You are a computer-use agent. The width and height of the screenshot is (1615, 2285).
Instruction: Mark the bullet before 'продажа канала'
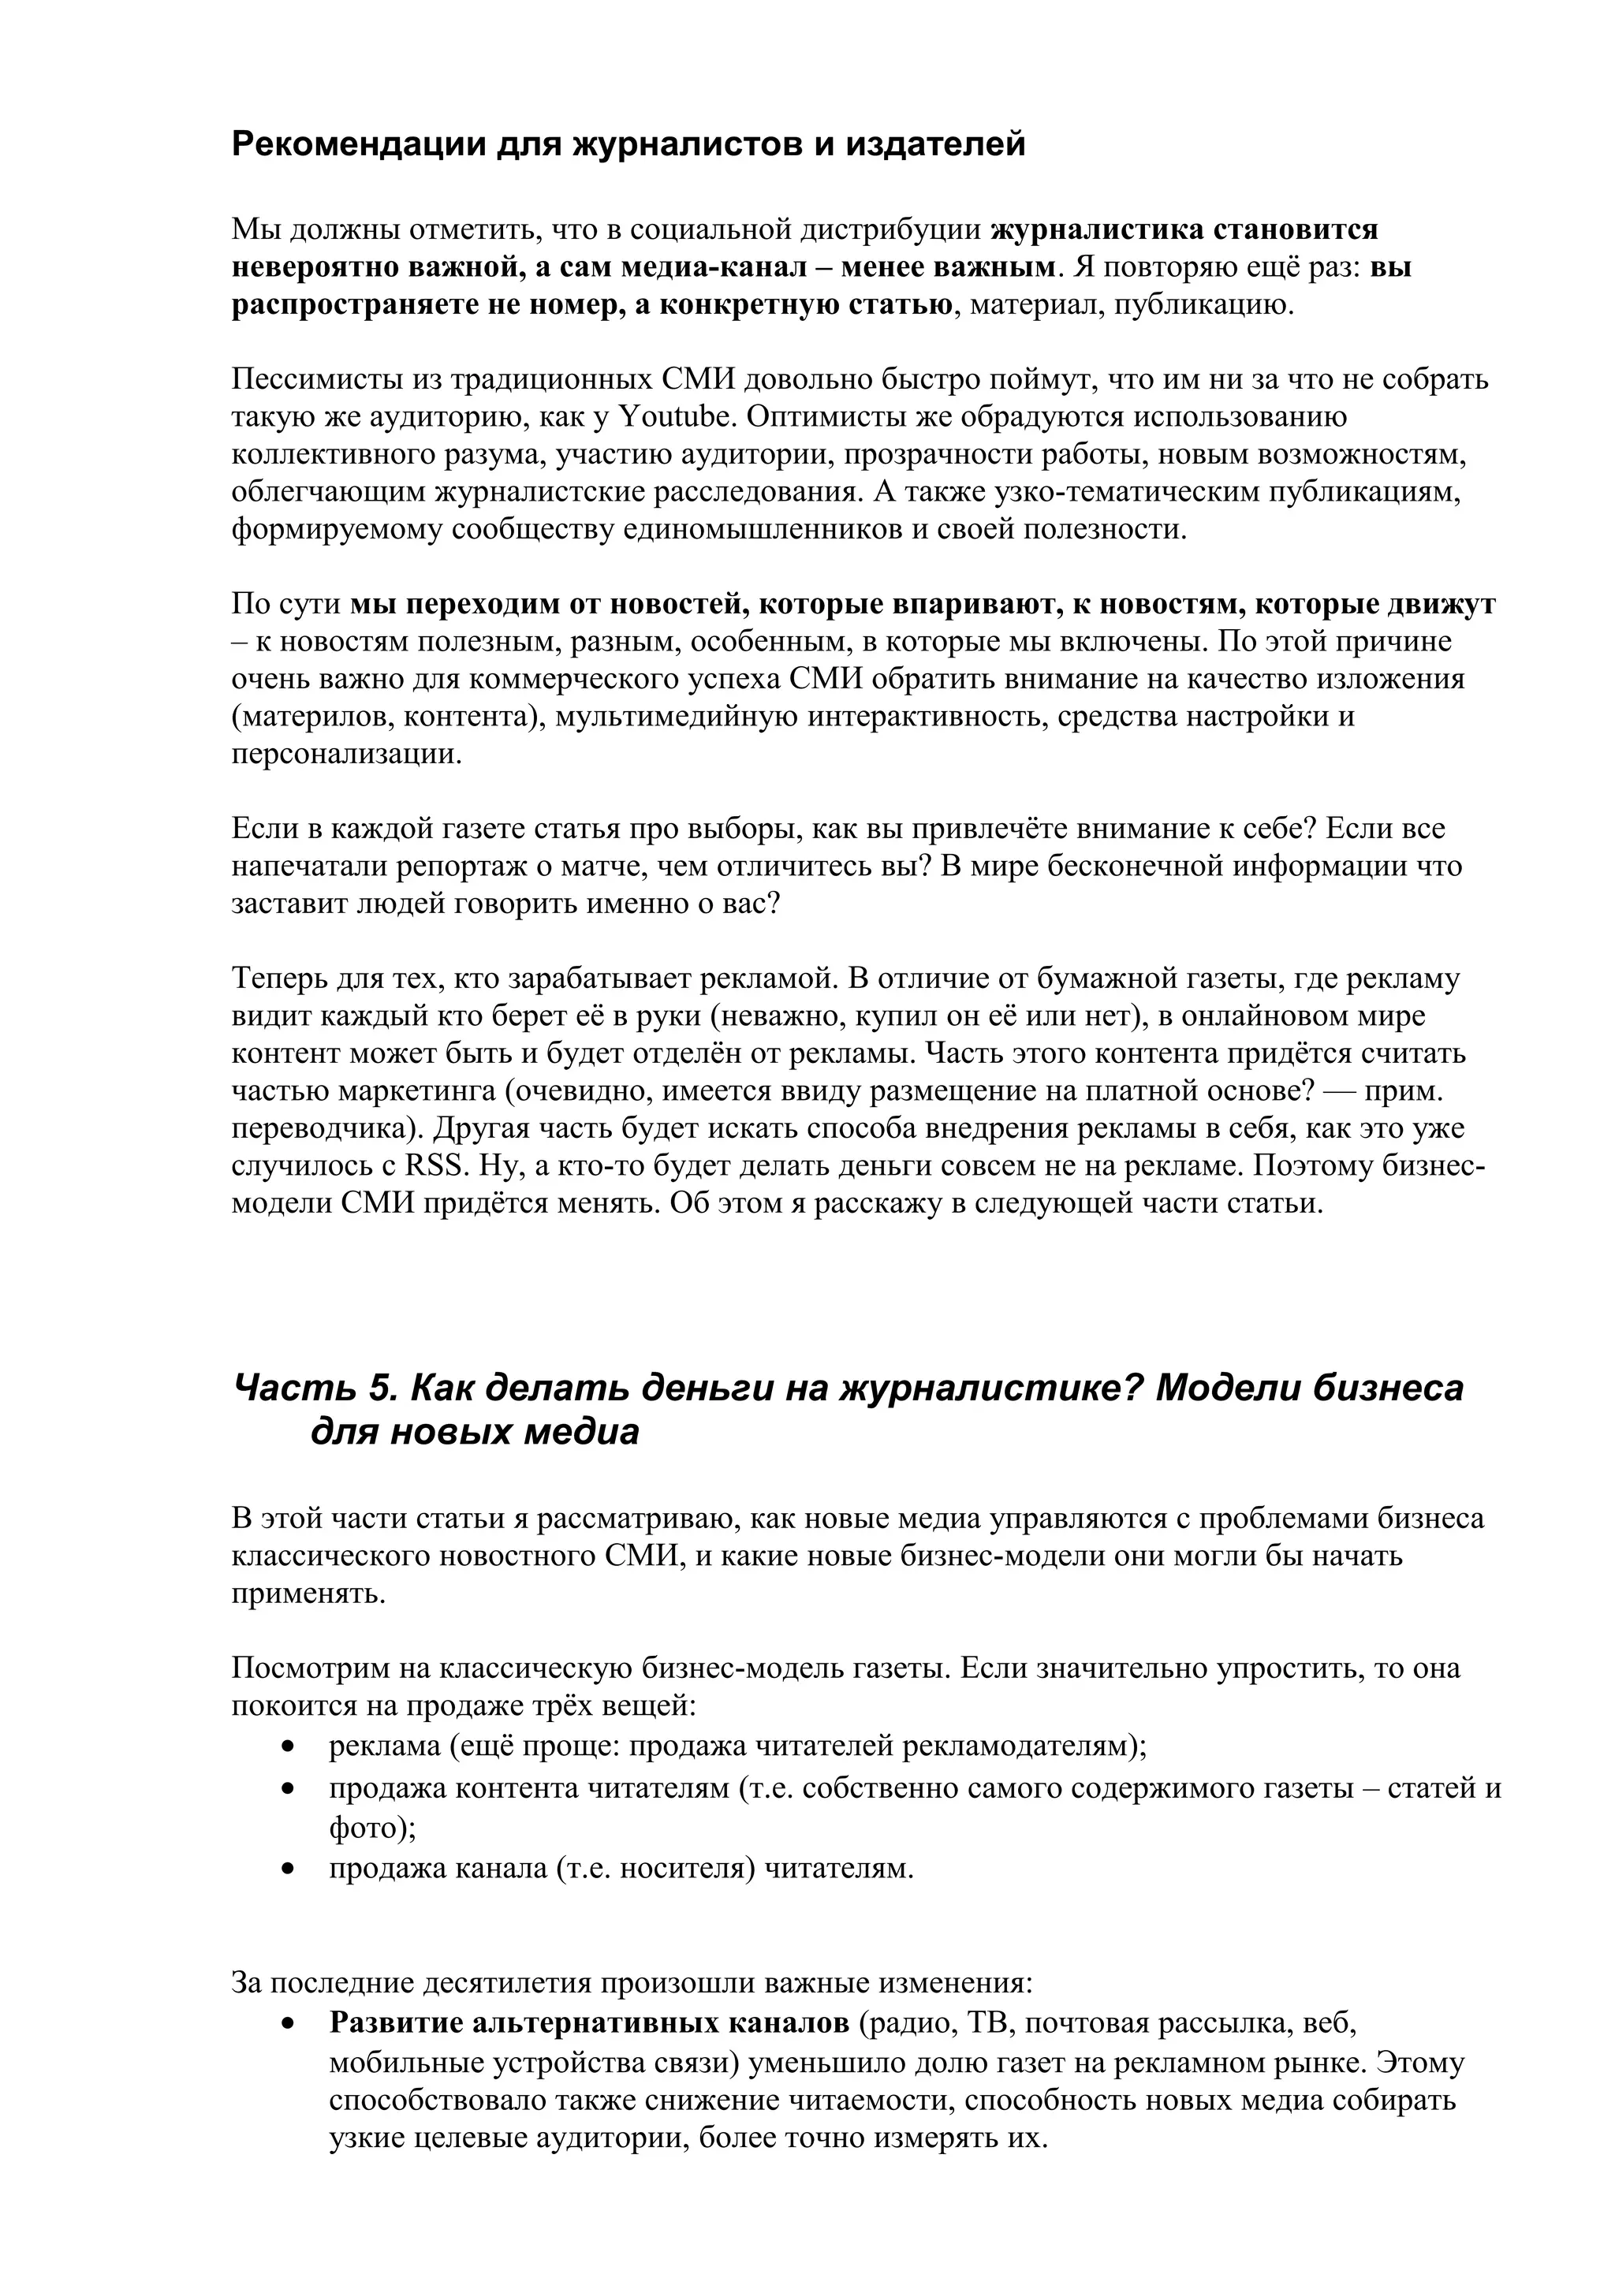tap(289, 1869)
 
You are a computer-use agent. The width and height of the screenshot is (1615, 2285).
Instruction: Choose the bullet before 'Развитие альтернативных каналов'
tap(289, 2023)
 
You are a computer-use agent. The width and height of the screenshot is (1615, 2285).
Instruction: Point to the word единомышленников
tap(772, 529)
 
